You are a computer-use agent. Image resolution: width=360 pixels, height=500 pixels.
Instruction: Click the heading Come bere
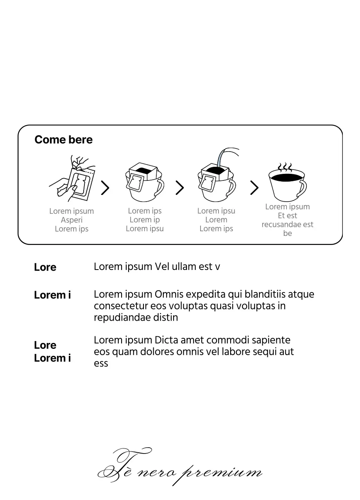pyautogui.click(x=63, y=140)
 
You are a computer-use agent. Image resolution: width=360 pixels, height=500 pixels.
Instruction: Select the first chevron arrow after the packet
pyautogui.click(x=105, y=188)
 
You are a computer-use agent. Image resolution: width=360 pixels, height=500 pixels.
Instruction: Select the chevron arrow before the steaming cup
pyautogui.click(x=254, y=188)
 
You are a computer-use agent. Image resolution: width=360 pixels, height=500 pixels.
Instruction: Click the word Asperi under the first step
pyautogui.click(x=72, y=220)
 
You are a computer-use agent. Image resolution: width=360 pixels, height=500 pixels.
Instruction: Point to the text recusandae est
pyautogui.click(x=287, y=225)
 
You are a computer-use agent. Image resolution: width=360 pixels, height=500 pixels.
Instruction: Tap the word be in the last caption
pyautogui.click(x=287, y=234)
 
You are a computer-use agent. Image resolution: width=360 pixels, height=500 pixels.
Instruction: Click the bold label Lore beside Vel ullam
pyautogui.click(x=45, y=268)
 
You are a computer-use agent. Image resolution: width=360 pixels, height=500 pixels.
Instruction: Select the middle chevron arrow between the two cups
pyautogui.click(x=179, y=188)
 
